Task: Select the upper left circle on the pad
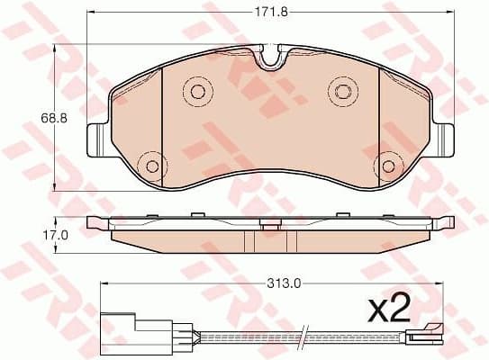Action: click(x=195, y=89)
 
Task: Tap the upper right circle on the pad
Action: click(x=342, y=89)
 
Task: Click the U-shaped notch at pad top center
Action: click(x=270, y=59)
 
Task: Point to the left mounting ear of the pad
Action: click(x=95, y=139)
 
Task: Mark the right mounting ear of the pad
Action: click(x=443, y=139)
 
